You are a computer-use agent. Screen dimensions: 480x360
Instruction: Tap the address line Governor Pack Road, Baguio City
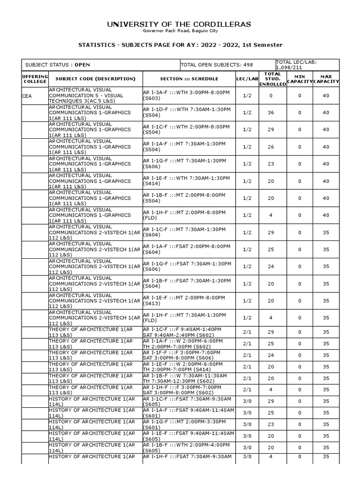coord(180,31)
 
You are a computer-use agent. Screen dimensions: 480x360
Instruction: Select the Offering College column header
coord(35,79)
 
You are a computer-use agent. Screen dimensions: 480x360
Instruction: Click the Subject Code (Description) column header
coord(95,79)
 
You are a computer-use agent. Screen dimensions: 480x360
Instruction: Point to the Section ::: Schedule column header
coord(189,79)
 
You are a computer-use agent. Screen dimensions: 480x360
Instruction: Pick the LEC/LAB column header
coord(247,79)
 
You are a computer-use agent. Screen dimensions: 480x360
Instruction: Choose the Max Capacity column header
coord(326,79)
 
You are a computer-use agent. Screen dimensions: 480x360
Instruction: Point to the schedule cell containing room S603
coord(187,96)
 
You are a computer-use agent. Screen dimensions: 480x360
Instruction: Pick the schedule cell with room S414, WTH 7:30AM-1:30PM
coord(187,181)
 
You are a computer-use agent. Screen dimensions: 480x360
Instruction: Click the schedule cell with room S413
coord(187,300)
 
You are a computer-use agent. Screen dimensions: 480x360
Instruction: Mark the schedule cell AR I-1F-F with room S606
coord(187,355)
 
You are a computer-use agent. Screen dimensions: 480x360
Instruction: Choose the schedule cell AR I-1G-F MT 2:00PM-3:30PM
coord(187,424)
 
